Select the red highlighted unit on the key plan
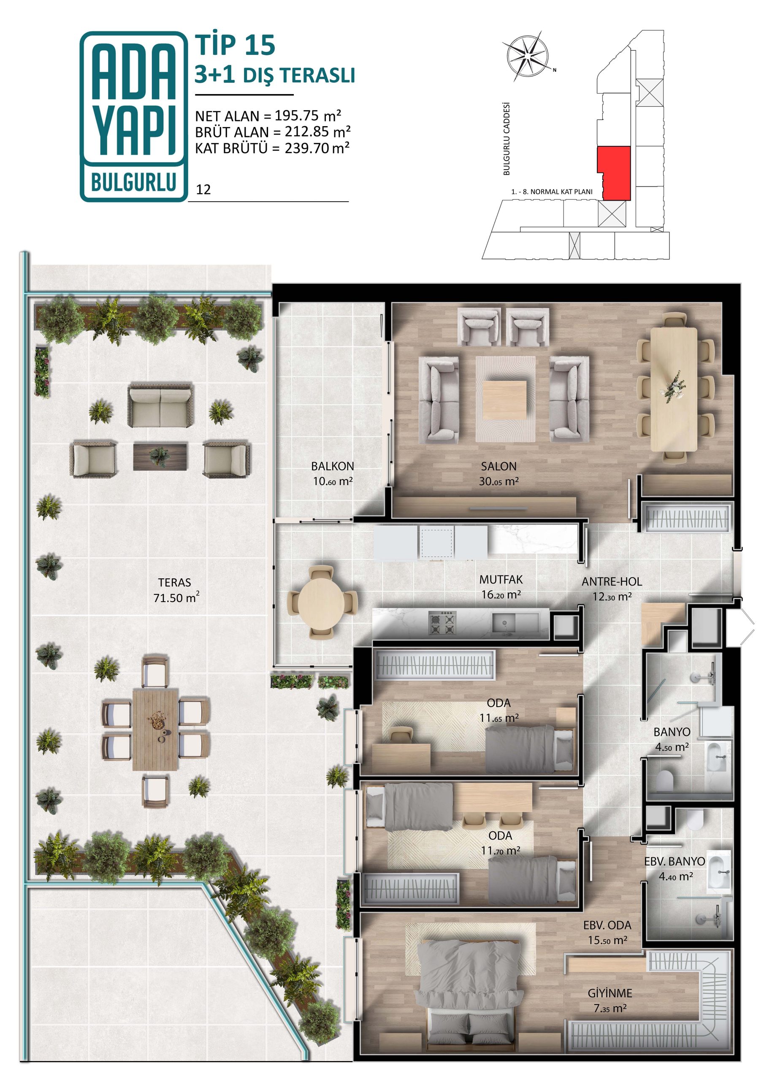tap(614, 173)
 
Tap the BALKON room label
tap(332, 466)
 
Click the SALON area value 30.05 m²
tap(498, 481)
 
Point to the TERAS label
tap(175, 582)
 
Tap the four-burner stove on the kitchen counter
tap(442, 623)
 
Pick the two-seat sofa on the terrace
tap(160, 406)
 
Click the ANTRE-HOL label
tap(612, 581)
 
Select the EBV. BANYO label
tap(675, 861)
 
